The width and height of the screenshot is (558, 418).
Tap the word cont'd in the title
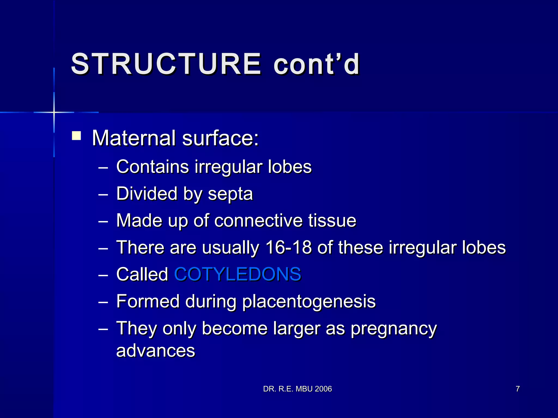(x=317, y=64)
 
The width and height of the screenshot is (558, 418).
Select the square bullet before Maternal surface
(x=77, y=136)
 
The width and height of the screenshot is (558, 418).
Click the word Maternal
(x=134, y=138)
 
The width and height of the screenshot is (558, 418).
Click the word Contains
(x=152, y=167)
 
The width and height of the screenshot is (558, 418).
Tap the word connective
(x=258, y=220)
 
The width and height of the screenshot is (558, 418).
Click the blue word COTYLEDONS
(x=238, y=274)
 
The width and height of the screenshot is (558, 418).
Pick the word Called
(x=142, y=274)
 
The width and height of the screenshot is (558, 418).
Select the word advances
(x=156, y=351)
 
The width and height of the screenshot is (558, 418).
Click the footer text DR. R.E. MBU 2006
(x=297, y=389)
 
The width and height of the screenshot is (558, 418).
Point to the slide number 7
(x=518, y=389)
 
